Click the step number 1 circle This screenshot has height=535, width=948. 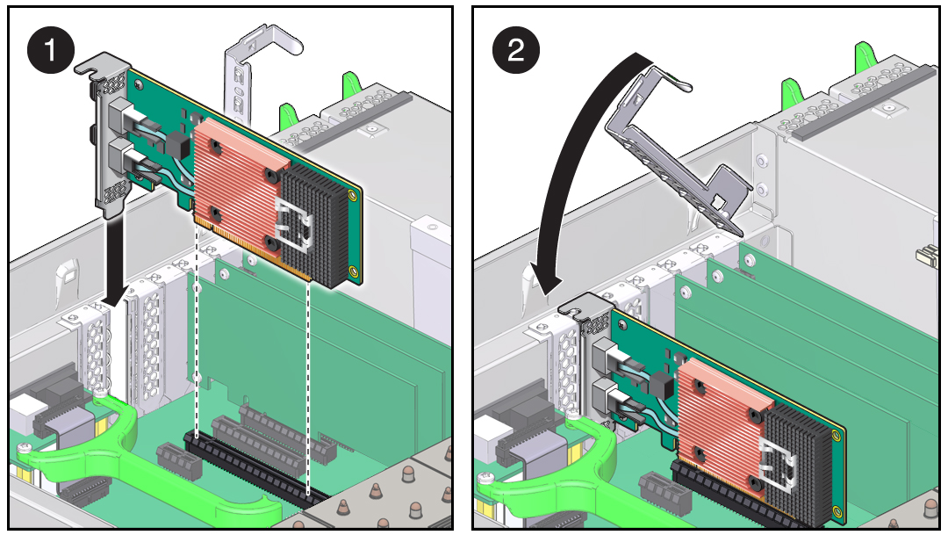50,49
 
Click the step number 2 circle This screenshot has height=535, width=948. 516,49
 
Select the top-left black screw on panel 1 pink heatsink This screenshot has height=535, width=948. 215,145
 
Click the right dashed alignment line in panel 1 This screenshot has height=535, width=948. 309,387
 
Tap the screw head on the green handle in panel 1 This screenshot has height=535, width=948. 24,448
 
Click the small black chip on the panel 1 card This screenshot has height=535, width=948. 174,143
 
